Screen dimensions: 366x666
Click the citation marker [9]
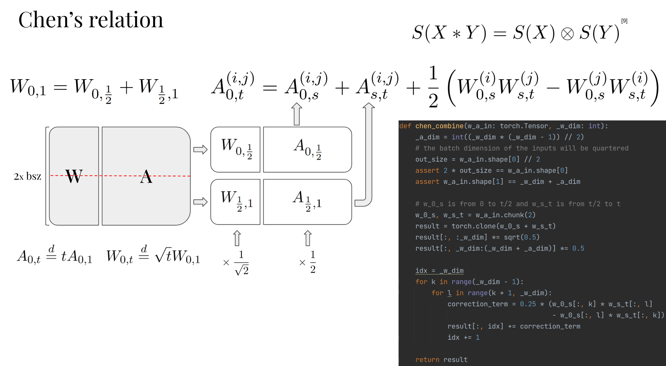624,21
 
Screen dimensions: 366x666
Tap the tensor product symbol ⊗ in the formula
567,34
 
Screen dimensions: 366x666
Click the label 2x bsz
27,176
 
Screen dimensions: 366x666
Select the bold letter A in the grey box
146,176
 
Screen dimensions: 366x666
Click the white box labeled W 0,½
235,150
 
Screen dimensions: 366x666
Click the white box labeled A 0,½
307,150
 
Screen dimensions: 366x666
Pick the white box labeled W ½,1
235,202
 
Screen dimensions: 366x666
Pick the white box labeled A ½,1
307,202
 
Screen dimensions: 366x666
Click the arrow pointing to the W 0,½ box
200,150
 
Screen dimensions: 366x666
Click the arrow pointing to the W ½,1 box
200,202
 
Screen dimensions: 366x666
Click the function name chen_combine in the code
439,126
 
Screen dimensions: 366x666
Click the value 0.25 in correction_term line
528,304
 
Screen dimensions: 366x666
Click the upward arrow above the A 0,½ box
297,114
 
